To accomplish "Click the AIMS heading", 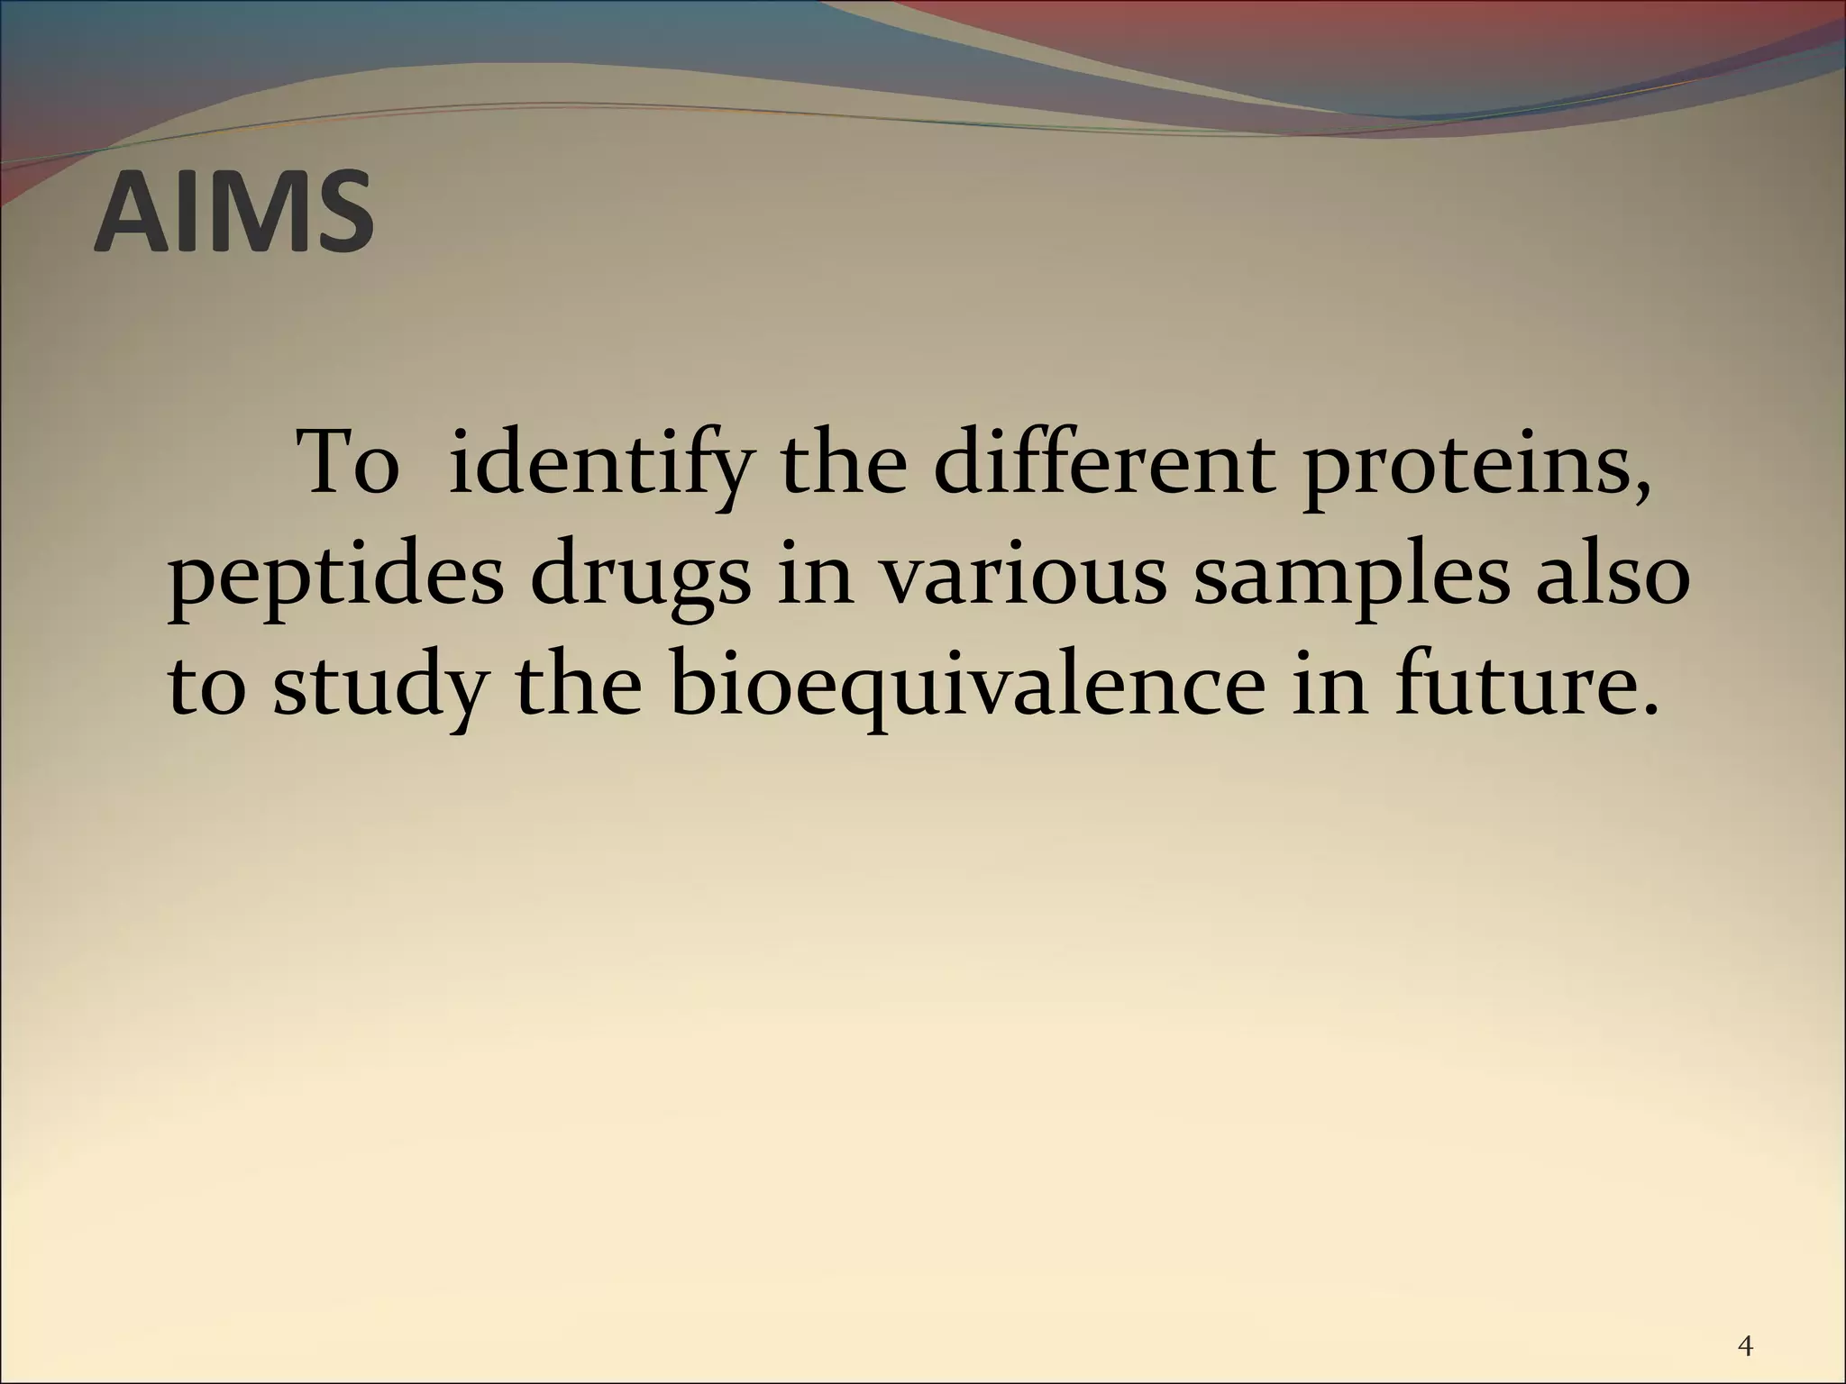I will [233, 214].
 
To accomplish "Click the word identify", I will [598, 466].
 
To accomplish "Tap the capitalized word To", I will [350, 464].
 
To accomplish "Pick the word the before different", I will [844, 464].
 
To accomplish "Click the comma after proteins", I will [1642, 495].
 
